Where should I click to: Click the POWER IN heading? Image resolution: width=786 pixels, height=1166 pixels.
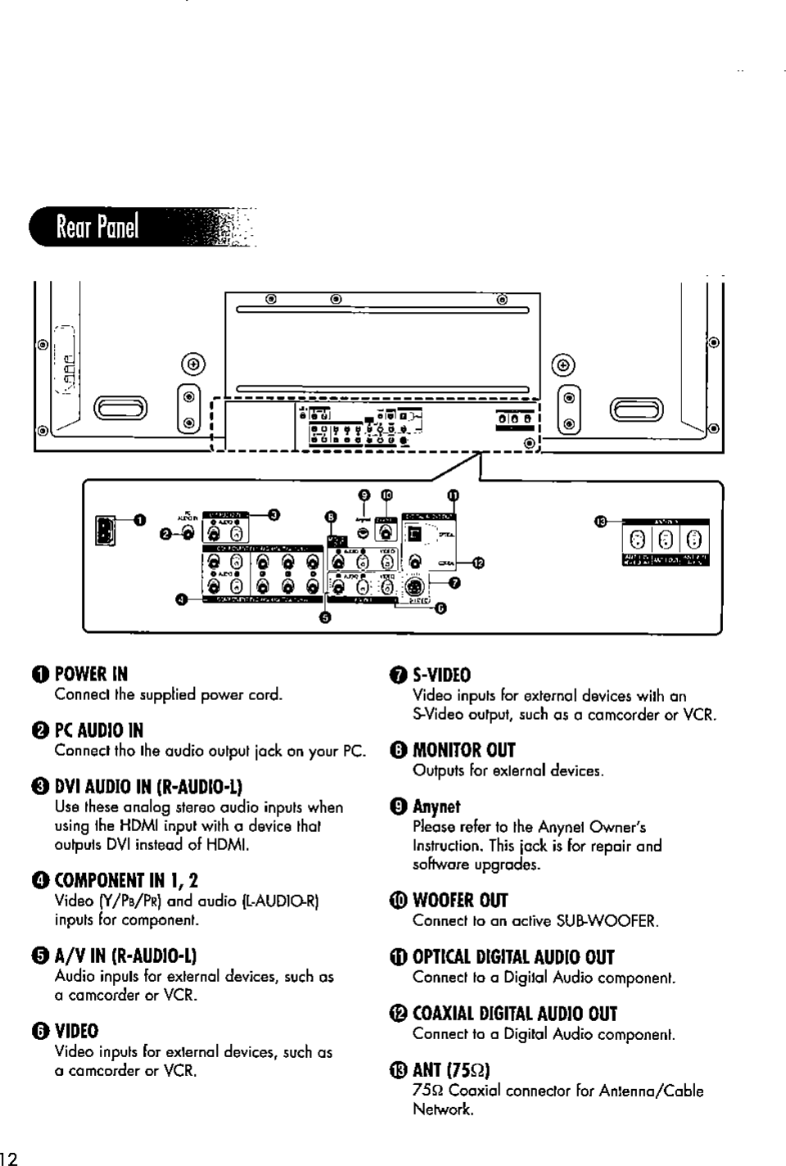click(91, 675)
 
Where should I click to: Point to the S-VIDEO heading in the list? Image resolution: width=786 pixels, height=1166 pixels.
click(441, 676)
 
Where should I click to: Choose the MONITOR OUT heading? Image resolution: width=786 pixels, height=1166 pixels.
click(463, 751)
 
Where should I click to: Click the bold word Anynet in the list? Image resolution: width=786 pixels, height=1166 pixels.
click(436, 807)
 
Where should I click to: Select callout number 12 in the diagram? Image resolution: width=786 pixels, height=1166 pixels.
click(479, 563)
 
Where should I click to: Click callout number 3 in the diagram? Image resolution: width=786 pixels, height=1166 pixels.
click(275, 514)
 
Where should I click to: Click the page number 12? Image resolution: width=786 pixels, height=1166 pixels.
click(11, 1157)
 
